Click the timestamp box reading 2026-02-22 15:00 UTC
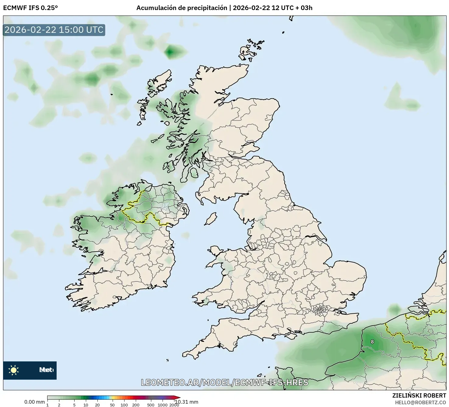pos(54,30)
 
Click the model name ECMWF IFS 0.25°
pos(30,8)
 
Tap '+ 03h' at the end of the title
pos(304,8)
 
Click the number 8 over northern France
pos(372,342)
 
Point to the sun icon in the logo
pos(13,370)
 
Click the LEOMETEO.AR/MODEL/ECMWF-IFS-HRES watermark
pos(225,382)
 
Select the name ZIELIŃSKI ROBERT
pos(419,395)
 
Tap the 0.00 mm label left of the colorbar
pos(34,402)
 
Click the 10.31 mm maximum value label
pos(186,402)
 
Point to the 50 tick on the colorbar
pos(112,405)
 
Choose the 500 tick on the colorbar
pos(151,405)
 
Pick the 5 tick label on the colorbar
pos(74,405)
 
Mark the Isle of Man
pos(210,219)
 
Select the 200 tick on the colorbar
pos(136,405)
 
